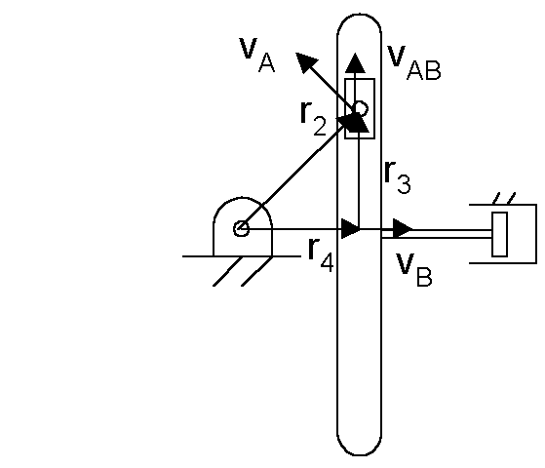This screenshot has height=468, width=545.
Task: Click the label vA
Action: (x=257, y=55)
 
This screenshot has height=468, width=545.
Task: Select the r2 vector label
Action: (x=313, y=118)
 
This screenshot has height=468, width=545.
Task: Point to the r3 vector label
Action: (x=398, y=176)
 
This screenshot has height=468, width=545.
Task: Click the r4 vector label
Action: (x=321, y=254)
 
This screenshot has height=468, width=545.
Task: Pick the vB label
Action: (x=414, y=269)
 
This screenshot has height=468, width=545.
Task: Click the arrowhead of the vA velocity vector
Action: (x=305, y=61)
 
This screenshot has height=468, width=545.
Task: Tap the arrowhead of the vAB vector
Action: (x=355, y=63)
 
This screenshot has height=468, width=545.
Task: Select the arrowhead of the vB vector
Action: (x=403, y=229)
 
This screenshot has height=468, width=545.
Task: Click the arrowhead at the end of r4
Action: (x=351, y=229)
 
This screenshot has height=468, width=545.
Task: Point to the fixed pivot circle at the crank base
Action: (x=241, y=229)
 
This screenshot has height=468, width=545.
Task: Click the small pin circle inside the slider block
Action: (x=361, y=109)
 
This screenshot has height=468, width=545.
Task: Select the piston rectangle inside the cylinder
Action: (x=499, y=234)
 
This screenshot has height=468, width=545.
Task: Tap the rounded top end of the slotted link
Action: (x=360, y=15)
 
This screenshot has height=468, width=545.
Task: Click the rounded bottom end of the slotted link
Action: (x=360, y=454)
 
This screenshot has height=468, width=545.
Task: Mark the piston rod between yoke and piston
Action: (x=437, y=234)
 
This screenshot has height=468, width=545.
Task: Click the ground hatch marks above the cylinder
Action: (x=504, y=198)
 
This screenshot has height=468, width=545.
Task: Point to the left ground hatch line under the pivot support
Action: (x=228, y=271)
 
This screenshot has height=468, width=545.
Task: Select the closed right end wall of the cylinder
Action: (x=536, y=234)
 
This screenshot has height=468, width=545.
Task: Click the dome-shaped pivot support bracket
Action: (x=242, y=198)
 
